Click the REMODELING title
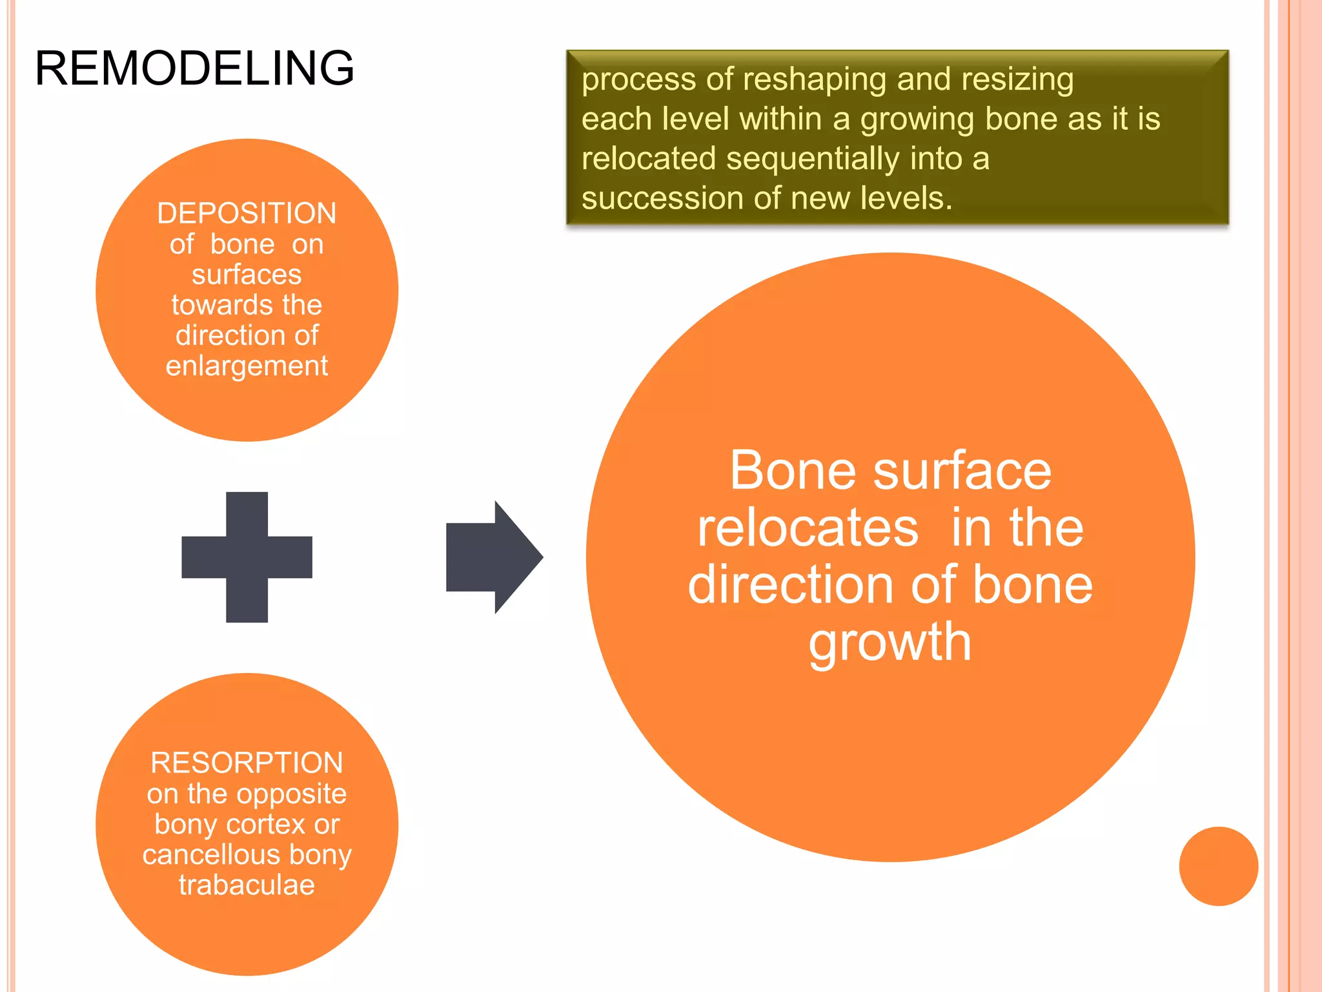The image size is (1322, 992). coord(194,68)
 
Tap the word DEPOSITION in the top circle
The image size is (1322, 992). coord(247,213)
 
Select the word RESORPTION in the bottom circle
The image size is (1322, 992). coord(247,763)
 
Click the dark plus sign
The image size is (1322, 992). coord(247,557)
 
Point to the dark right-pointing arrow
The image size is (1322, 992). coord(493,557)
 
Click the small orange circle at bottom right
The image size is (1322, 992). coord(1218,866)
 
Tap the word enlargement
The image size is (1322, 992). coord(247,366)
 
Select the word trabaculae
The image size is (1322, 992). coord(247,885)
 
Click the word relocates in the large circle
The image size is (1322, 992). coord(808,528)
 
